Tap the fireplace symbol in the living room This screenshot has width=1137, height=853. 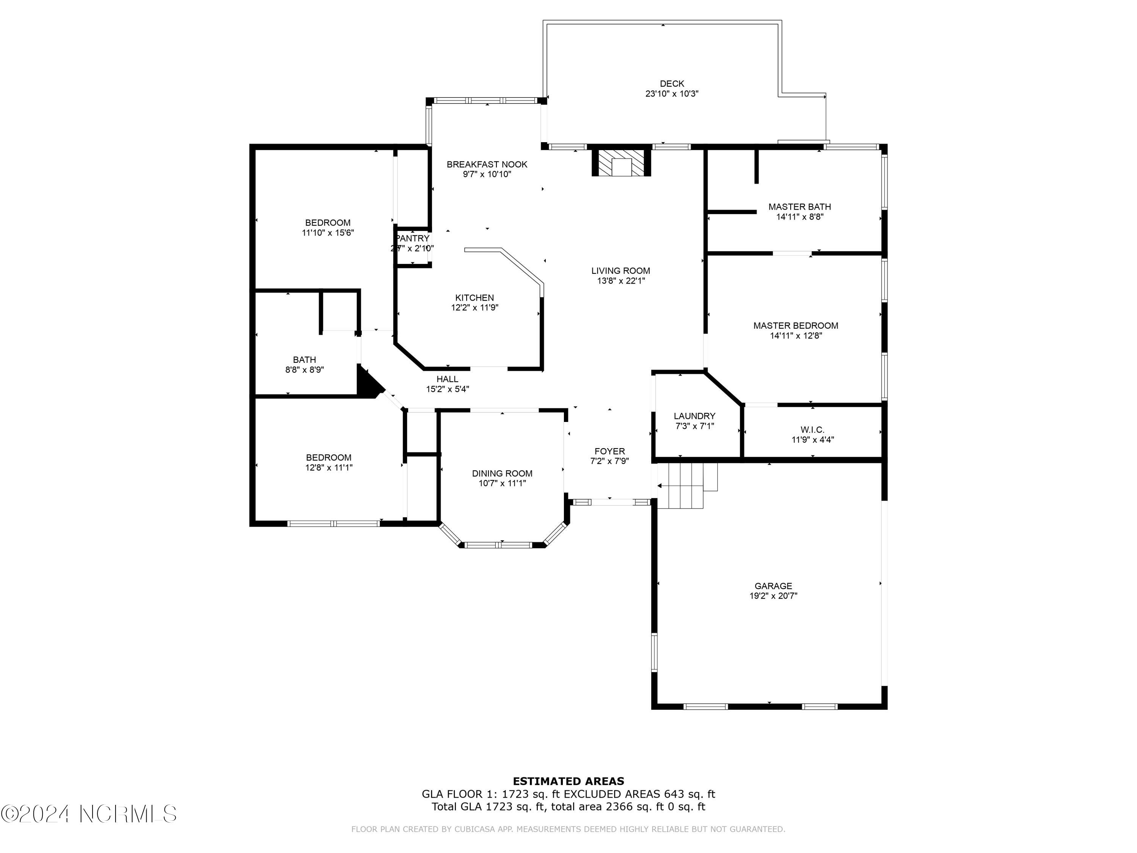pyautogui.click(x=622, y=163)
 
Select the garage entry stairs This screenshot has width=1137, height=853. pyautogui.click(x=686, y=485)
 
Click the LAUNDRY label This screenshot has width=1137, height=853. pyautogui.click(x=694, y=416)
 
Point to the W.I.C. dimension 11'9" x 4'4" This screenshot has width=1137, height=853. pyautogui.click(x=812, y=440)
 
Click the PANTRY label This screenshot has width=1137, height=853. pyautogui.click(x=412, y=238)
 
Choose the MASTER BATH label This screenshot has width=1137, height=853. pyautogui.click(x=799, y=207)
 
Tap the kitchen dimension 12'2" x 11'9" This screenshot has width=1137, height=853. pyautogui.click(x=475, y=308)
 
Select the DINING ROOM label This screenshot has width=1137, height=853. pyautogui.click(x=502, y=474)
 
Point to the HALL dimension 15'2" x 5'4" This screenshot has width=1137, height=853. pyautogui.click(x=447, y=390)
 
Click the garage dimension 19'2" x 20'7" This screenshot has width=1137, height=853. pyautogui.click(x=773, y=596)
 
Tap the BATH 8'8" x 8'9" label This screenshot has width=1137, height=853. pyautogui.click(x=304, y=365)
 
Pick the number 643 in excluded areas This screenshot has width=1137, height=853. pyautogui.click(x=673, y=794)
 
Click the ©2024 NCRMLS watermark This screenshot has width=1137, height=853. pyautogui.click(x=88, y=814)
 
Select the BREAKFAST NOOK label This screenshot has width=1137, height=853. pyautogui.click(x=487, y=165)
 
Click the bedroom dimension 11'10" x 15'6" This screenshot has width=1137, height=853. pyautogui.click(x=327, y=233)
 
